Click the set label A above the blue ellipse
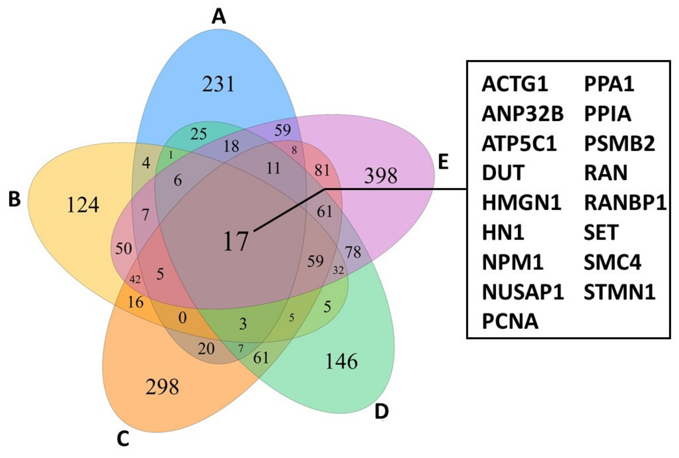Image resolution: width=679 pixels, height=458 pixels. (219, 17)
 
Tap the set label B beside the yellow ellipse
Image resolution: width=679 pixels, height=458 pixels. (15, 199)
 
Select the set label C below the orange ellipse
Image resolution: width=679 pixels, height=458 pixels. (123, 439)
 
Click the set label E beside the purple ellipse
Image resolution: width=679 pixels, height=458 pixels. (443, 162)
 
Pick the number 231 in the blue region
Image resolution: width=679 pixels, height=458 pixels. (218, 84)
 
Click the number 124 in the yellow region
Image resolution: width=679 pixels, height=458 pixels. (83, 205)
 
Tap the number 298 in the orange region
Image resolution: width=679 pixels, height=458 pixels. (162, 387)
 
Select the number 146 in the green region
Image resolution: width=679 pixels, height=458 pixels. (341, 362)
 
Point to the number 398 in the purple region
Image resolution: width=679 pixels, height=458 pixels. (381, 176)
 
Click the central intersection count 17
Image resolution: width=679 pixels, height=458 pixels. (236, 241)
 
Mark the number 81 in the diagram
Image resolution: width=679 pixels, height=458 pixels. (322, 170)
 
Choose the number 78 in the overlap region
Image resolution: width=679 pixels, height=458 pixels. (353, 252)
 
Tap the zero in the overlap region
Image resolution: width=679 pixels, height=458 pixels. (182, 317)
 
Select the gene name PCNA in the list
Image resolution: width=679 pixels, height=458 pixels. (510, 321)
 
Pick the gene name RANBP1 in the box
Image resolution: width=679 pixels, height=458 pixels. (625, 203)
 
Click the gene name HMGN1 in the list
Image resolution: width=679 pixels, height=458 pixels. (521, 203)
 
